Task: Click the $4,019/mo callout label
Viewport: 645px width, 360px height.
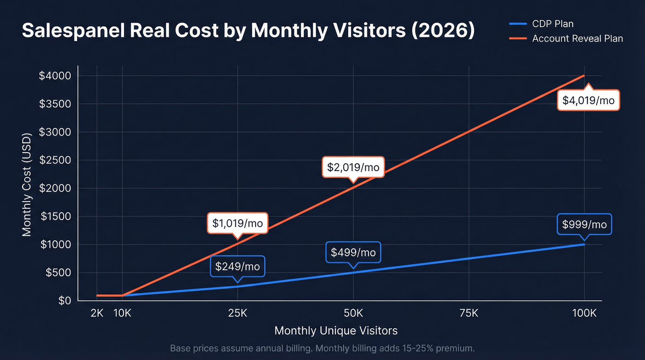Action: pyautogui.click(x=588, y=100)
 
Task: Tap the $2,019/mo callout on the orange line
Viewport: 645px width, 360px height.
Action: pyautogui.click(x=353, y=167)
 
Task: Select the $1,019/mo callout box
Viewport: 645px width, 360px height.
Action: pyautogui.click(x=237, y=224)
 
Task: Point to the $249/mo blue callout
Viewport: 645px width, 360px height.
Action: pyautogui.click(x=237, y=266)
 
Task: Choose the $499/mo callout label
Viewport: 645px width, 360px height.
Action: pyautogui.click(x=353, y=253)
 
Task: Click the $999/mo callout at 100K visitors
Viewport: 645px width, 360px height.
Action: pyautogui.click(x=584, y=224)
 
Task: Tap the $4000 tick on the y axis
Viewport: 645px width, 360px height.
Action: pyautogui.click(x=55, y=76)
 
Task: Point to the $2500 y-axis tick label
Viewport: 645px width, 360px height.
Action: pyautogui.click(x=55, y=160)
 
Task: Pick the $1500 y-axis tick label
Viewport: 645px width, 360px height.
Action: pyautogui.click(x=55, y=216)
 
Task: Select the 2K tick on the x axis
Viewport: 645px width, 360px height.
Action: pyautogui.click(x=97, y=314)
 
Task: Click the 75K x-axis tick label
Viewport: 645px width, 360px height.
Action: pyautogui.click(x=469, y=314)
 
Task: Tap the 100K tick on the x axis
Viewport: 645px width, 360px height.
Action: pyautogui.click(x=584, y=314)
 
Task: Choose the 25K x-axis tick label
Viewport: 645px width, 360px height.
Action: pyautogui.click(x=237, y=314)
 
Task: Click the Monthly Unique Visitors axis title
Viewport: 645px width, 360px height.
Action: pyautogui.click(x=336, y=330)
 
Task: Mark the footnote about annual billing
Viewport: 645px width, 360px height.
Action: pyautogui.click(x=322, y=348)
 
